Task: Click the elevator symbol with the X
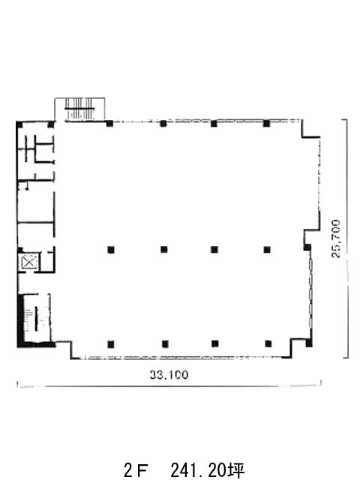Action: (29, 262)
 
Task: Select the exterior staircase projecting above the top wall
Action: (80, 109)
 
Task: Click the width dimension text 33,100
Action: (169, 375)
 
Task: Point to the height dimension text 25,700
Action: (336, 238)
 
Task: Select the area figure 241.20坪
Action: (207, 470)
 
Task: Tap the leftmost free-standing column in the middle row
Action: (111, 250)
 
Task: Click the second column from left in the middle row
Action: (164, 250)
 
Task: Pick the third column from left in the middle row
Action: (214, 250)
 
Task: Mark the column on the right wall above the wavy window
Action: (307, 247)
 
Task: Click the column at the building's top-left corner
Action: (19, 124)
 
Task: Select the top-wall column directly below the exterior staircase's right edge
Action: (110, 124)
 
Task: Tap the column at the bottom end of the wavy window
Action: (309, 343)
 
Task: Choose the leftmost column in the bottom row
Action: (111, 344)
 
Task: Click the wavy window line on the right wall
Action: (311, 295)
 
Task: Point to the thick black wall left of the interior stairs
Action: (20, 318)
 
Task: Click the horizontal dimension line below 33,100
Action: (169, 386)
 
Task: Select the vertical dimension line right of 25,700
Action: (346, 238)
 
